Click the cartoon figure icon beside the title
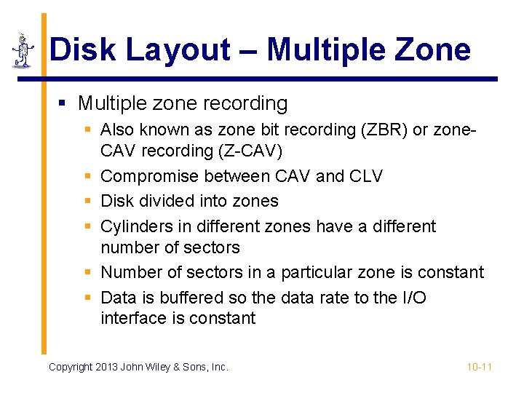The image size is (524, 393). coord(24,50)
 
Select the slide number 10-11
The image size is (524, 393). coord(480,367)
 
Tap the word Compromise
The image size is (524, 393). coord(149,176)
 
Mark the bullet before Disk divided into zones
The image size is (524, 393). coord(87,201)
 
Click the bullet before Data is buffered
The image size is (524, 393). coord(87,297)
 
